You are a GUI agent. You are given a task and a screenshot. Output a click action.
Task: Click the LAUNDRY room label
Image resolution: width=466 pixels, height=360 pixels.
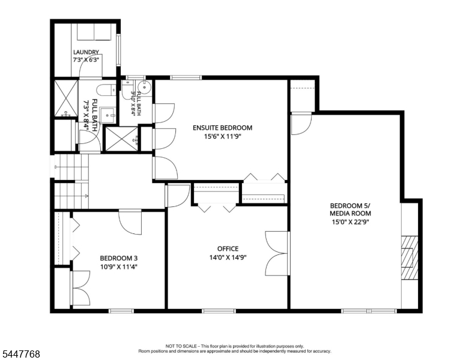click(x=86, y=52)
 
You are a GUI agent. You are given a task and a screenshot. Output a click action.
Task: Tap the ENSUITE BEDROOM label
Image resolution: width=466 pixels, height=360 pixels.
click(x=223, y=128)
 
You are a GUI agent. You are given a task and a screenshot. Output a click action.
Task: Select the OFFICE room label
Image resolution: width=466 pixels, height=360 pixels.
click(x=228, y=248)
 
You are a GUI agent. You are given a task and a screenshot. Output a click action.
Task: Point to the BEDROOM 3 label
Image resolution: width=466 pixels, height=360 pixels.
click(x=118, y=258)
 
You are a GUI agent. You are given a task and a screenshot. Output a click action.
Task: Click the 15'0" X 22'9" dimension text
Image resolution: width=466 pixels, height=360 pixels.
click(x=350, y=221)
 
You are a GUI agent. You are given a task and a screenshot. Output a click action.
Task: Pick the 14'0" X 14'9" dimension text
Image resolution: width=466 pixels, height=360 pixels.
click(x=228, y=257)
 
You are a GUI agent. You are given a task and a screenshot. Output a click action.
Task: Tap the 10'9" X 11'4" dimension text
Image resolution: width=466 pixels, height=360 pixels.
click(x=118, y=267)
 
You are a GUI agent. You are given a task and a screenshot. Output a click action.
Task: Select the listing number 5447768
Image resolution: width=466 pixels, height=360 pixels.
click(x=21, y=354)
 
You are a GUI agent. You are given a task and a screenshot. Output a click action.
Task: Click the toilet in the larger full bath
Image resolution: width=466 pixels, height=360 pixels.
click(x=107, y=90)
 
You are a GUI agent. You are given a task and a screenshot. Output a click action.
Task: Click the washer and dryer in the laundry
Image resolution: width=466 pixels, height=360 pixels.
click(x=94, y=31)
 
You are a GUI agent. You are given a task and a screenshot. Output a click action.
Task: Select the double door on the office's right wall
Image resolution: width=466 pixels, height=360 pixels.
click(x=277, y=254)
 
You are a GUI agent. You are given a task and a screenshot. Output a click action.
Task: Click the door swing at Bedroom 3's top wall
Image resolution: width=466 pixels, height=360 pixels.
click(x=130, y=223)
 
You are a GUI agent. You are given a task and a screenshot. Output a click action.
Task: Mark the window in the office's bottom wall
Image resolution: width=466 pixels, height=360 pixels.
click(x=219, y=311)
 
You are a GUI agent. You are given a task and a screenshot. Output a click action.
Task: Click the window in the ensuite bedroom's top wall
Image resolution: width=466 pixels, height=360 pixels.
click(x=186, y=78)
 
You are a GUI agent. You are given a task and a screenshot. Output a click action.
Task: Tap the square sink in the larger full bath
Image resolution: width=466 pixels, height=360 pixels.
click(x=107, y=115)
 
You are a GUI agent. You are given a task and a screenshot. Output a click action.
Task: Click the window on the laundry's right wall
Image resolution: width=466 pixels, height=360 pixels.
click(x=118, y=50)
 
